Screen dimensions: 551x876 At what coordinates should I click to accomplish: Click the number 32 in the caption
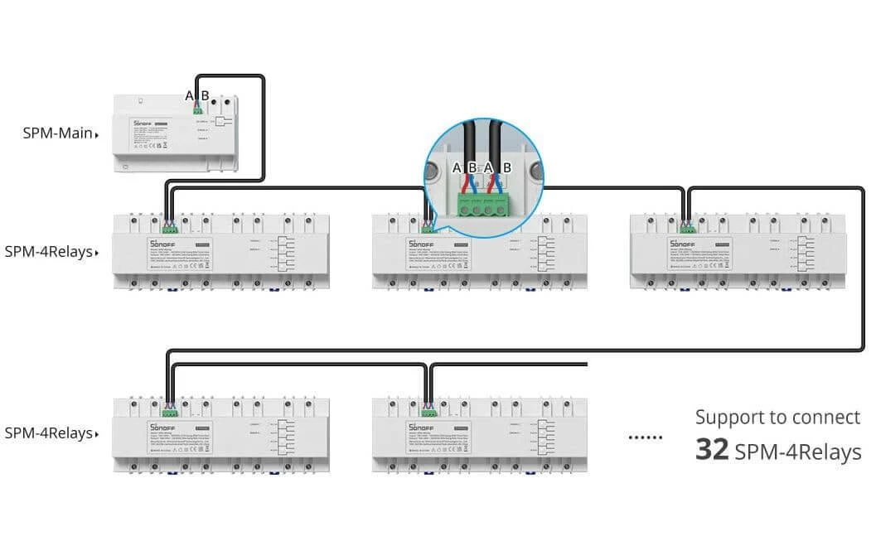[x=711, y=451]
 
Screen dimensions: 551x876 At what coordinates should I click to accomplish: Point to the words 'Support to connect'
[x=777, y=418]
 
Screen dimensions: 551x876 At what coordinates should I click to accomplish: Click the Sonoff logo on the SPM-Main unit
[x=143, y=123]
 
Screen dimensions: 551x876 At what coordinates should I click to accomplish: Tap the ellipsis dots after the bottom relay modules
[x=645, y=437]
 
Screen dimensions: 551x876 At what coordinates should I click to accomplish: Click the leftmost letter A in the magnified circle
[x=457, y=167]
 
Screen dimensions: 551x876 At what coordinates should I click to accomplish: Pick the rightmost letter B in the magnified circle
[x=507, y=167]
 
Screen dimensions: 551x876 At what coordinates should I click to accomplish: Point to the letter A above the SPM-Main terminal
[x=190, y=94]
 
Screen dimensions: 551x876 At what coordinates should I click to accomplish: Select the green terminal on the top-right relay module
[x=687, y=227]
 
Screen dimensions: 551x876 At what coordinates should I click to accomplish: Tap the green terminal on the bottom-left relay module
[x=169, y=410]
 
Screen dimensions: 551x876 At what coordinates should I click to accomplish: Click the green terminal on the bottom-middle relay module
[x=428, y=410]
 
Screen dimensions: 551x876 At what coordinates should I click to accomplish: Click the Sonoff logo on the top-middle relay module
[x=422, y=244]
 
